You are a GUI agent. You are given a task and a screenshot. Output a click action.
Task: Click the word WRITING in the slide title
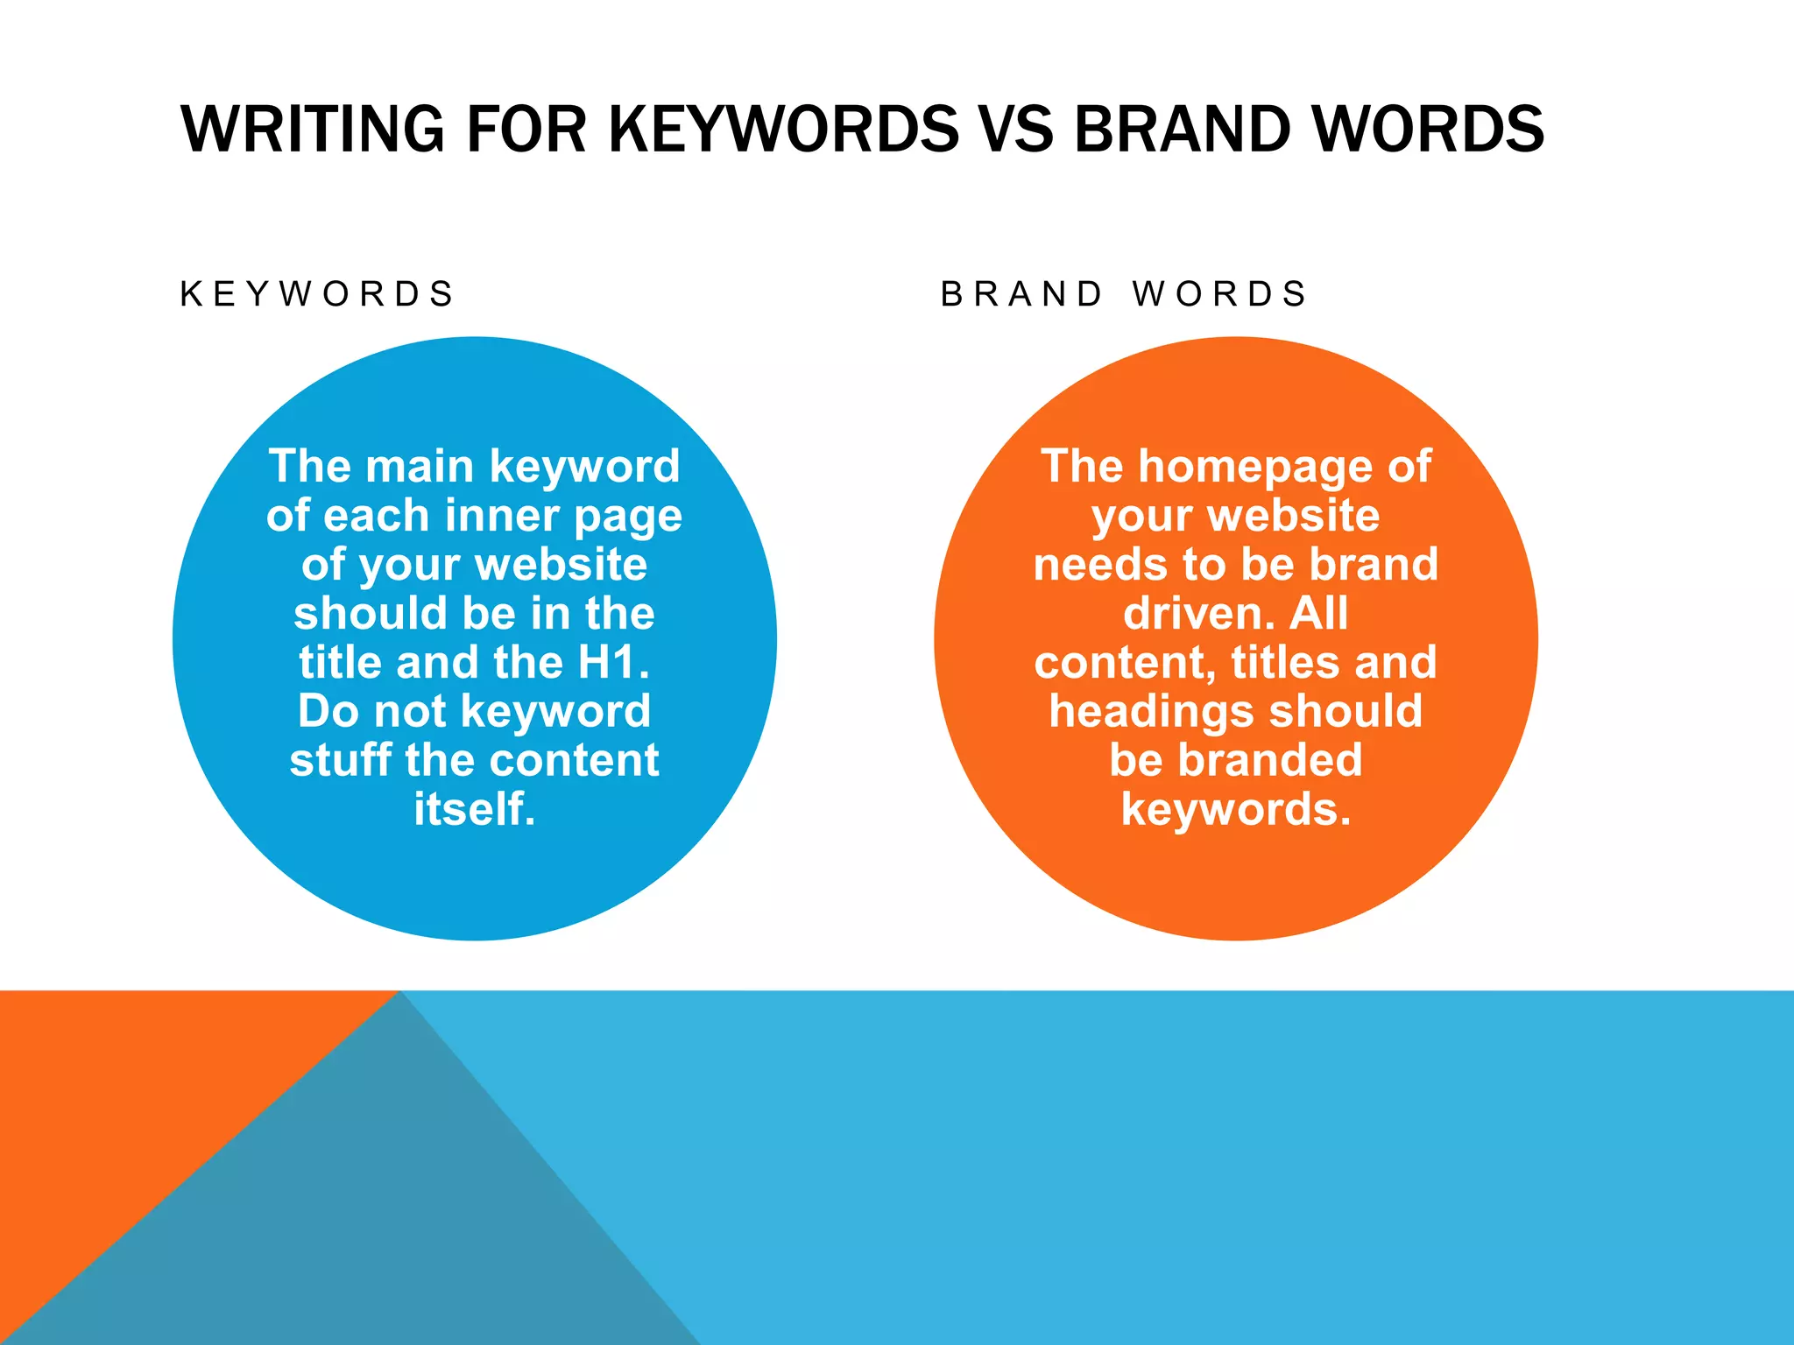(312, 129)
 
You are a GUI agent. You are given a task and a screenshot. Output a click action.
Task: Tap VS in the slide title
(1017, 129)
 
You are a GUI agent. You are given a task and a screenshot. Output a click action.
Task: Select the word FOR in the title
(526, 129)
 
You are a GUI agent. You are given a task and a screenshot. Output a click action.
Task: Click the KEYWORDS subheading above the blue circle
(317, 294)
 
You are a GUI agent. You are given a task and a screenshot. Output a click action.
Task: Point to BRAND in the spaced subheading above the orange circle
(1021, 294)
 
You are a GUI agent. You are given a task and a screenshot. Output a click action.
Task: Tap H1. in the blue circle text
(613, 662)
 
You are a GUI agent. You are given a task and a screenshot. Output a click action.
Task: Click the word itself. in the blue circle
(474, 809)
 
